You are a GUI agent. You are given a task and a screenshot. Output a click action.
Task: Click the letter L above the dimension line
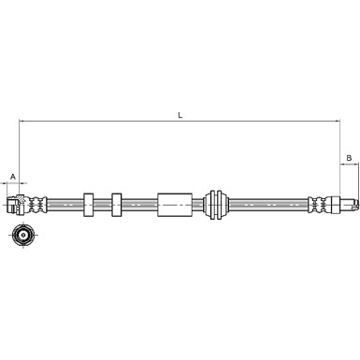(x=180, y=115)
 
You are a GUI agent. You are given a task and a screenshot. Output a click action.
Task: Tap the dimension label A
(x=13, y=176)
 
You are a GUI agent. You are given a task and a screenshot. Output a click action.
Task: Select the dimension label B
(x=348, y=158)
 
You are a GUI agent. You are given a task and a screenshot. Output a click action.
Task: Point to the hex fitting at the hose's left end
(x=14, y=203)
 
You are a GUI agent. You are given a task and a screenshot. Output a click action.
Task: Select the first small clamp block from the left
(x=90, y=203)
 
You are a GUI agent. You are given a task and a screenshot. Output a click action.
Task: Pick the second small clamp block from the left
(x=117, y=203)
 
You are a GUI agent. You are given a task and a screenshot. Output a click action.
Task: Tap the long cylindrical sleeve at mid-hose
(x=173, y=203)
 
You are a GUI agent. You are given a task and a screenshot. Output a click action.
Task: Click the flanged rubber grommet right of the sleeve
(x=216, y=203)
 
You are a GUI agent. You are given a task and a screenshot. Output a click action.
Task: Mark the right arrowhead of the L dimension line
(x=336, y=122)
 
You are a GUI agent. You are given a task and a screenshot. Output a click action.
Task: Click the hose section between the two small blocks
(x=103, y=203)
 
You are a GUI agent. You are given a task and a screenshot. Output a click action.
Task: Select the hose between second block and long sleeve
(x=139, y=203)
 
